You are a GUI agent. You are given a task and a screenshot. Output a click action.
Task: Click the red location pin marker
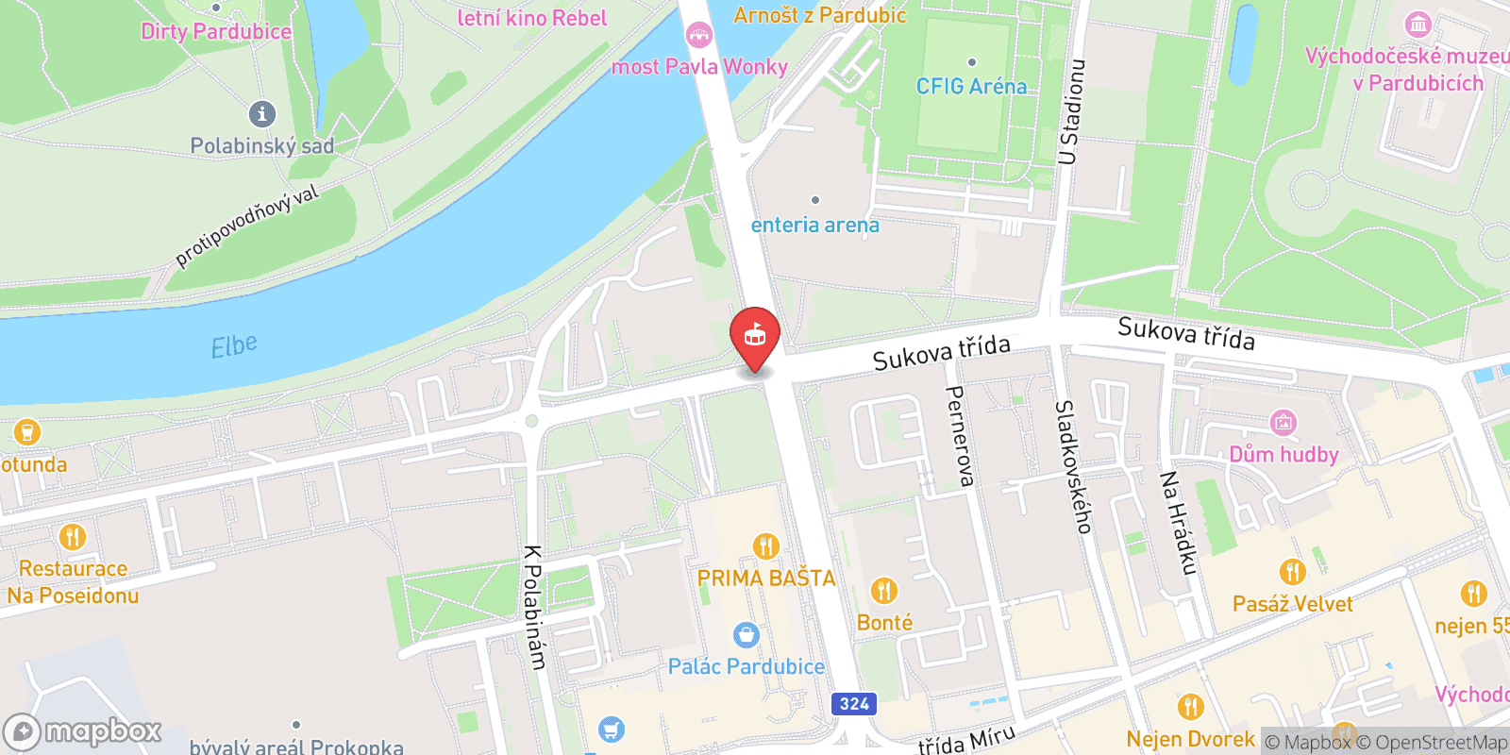(x=755, y=337)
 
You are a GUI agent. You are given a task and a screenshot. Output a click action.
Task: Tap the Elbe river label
(x=234, y=346)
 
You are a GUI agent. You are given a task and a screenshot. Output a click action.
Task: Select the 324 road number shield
(x=854, y=703)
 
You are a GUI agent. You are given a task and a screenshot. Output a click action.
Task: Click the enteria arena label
(x=815, y=225)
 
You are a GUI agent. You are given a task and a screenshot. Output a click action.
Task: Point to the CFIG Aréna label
(x=971, y=86)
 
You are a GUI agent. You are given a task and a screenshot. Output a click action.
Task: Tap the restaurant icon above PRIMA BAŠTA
(x=766, y=546)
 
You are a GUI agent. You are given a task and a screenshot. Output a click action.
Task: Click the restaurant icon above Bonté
(x=884, y=591)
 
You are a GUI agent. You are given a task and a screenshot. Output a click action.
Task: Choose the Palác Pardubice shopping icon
(x=746, y=635)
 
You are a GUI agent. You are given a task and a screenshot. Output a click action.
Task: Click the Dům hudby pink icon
(x=1283, y=422)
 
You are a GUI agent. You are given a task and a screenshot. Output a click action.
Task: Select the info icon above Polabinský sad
(x=262, y=114)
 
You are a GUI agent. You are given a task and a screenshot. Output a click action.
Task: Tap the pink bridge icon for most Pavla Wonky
(x=698, y=36)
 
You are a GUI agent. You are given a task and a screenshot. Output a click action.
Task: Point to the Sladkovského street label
(x=1073, y=466)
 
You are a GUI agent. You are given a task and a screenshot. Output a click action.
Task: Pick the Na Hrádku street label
(x=1178, y=523)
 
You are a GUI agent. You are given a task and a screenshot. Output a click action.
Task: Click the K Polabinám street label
(x=534, y=608)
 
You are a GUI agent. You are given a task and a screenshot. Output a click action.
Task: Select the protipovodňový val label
(x=247, y=226)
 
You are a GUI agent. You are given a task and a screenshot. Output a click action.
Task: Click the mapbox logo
(x=83, y=731)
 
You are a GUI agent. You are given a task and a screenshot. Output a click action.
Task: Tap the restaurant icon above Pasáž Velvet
(x=1292, y=572)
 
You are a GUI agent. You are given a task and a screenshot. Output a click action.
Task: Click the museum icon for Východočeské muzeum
(x=1418, y=24)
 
